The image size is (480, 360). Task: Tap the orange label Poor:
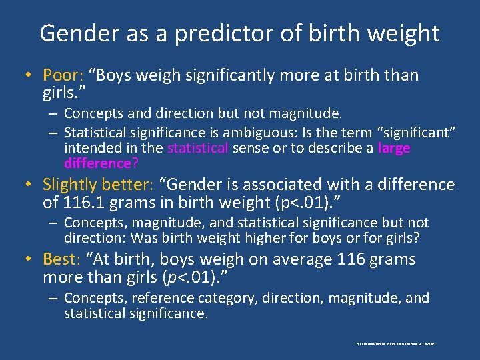(63, 75)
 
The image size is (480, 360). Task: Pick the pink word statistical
(199, 147)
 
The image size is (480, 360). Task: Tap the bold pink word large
(394, 147)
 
